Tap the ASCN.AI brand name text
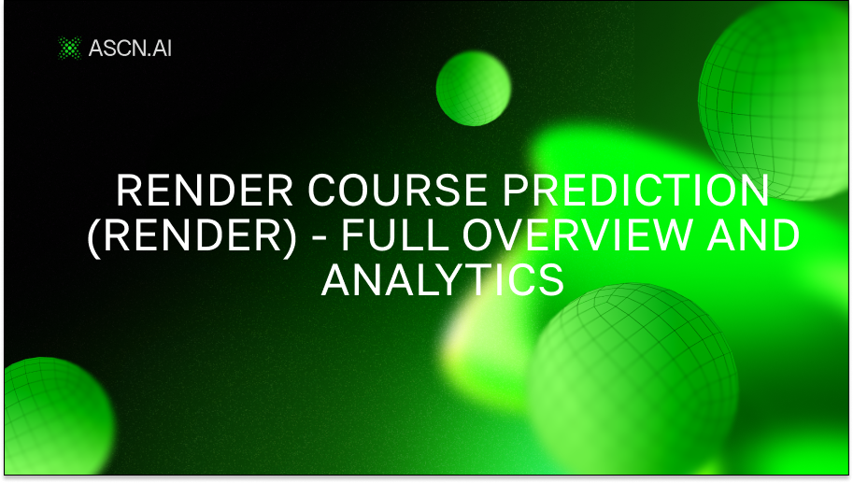coord(130,47)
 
